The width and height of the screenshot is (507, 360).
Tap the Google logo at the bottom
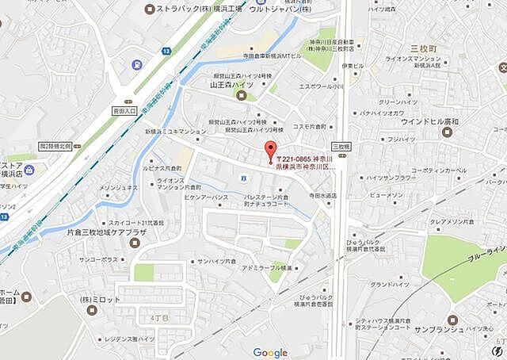270,352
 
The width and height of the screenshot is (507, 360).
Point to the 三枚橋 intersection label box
341,147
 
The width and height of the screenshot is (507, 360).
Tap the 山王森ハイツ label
230,83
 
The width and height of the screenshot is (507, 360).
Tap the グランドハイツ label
388,283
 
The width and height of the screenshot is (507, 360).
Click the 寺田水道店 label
322,194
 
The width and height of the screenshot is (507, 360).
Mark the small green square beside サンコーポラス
143,272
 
